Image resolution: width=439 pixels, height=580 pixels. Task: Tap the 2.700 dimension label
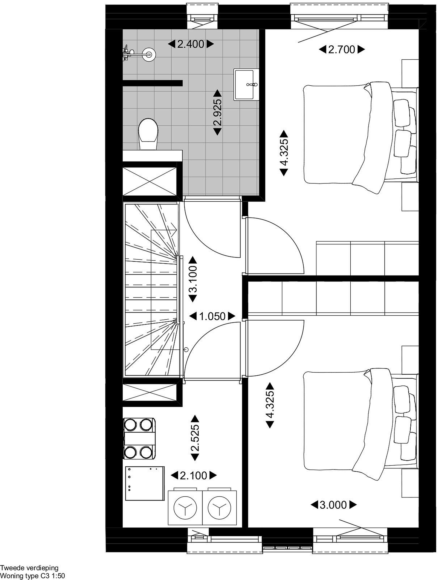coord(342,49)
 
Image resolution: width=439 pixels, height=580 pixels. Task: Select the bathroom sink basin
coord(246,84)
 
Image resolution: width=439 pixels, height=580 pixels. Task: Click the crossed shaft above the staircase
coord(150,181)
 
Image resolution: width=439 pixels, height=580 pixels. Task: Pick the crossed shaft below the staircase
coord(150,392)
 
